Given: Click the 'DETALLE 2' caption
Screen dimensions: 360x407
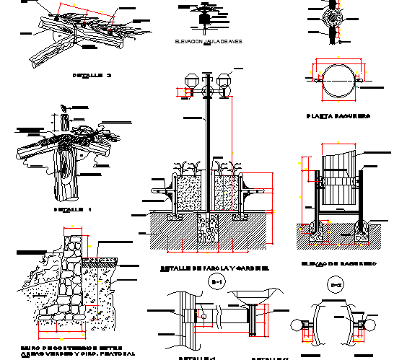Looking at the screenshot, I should pyautogui.click(x=93, y=75).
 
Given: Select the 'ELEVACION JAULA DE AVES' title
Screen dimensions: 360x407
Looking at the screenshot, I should pyautogui.click(x=207, y=43).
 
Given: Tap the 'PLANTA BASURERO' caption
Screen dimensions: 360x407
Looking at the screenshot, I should pyautogui.click(x=338, y=115).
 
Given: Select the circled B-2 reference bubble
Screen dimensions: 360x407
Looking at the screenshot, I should pyautogui.click(x=336, y=286).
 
